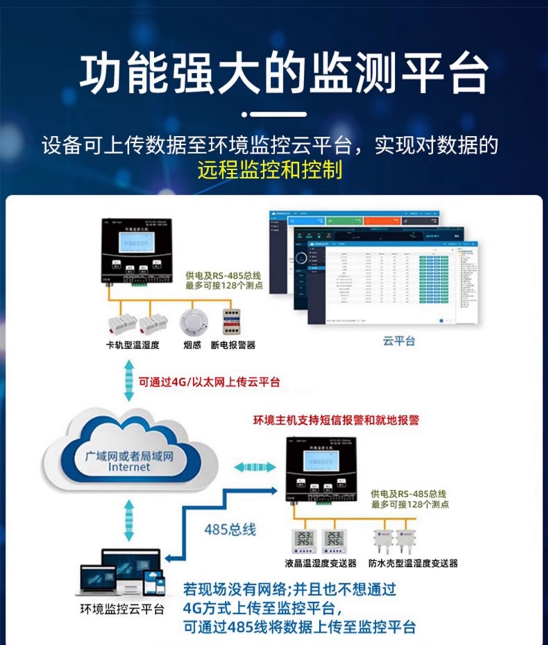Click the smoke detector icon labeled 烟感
coord(193,322)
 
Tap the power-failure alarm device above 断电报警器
coord(232,321)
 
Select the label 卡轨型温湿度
coord(132,345)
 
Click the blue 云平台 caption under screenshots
coord(399,341)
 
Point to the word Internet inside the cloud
coord(129,467)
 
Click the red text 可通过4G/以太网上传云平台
coord(209,382)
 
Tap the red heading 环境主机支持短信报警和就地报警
coord(336,420)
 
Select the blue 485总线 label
coord(230,530)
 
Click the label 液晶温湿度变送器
coord(320,563)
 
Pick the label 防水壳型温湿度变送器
coord(413,563)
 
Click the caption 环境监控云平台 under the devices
coord(122,609)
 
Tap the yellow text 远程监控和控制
coord(270,169)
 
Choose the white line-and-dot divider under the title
coord(274,115)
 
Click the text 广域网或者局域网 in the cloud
coord(129,456)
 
